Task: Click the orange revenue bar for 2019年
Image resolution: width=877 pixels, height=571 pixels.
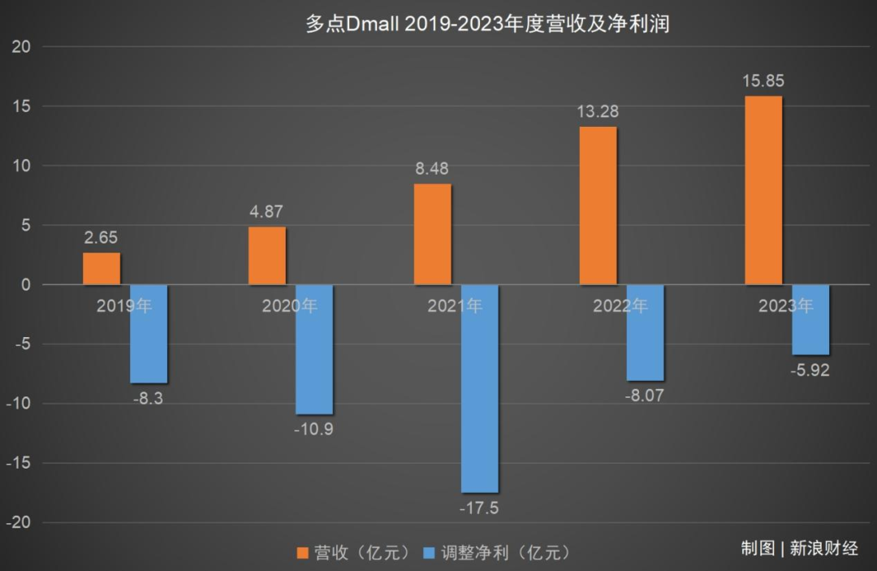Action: coord(102,269)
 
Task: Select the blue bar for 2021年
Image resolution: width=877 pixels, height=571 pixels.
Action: coord(479,388)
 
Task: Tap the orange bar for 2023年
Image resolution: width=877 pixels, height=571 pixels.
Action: coord(763,190)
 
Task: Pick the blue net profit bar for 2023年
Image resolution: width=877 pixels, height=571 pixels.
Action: coord(810,319)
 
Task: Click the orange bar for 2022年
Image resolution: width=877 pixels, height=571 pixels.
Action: coord(598,205)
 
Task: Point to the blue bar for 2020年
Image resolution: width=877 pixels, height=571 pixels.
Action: coord(313,349)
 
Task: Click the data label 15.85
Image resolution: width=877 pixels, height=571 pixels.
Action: coord(763,81)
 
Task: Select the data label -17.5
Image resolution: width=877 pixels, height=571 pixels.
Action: coord(479,508)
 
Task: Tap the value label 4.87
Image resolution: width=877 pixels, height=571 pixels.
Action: coord(267,212)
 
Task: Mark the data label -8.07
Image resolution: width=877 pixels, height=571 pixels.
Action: coord(645,397)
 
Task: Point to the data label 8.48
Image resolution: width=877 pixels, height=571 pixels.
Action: coord(432,169)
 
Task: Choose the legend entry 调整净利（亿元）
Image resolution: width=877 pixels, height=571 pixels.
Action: coord(496,552)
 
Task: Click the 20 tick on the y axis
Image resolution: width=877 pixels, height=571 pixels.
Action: coord(21,47)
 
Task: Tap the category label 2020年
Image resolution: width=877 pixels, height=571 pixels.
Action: coord(289,306)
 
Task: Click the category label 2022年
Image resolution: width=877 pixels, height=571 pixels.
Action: coord(620,306)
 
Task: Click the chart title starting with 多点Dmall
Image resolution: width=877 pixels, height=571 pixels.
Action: coord(486,24)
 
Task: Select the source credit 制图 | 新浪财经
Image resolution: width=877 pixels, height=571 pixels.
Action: coord(799,547)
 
